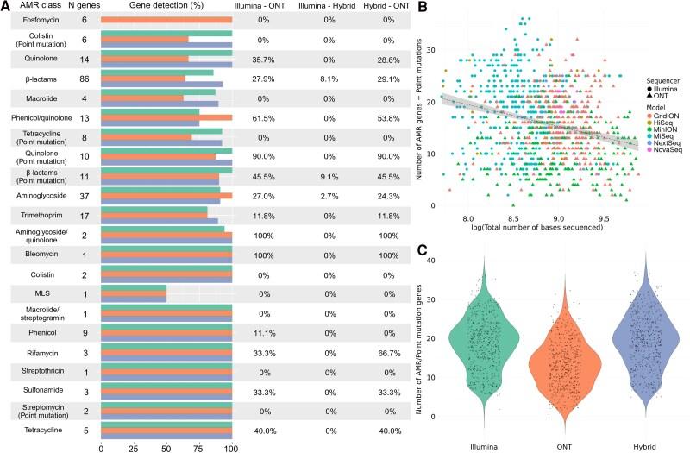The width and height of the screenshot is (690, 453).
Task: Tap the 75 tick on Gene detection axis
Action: [x=199, y=446]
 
